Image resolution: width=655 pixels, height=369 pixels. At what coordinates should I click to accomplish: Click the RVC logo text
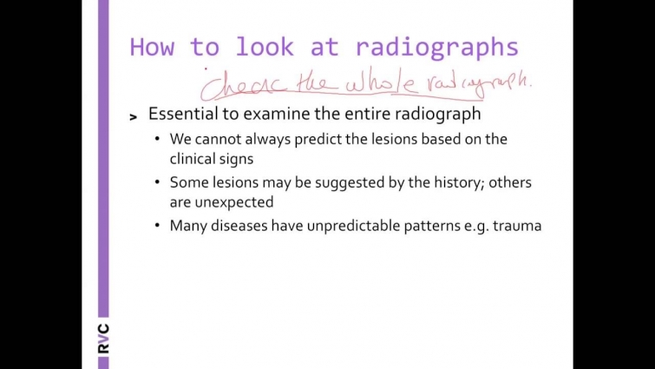(103, 338)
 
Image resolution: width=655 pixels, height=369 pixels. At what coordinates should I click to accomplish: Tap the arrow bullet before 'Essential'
(133, 116)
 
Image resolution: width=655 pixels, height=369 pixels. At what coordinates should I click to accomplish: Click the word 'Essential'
(184, 114)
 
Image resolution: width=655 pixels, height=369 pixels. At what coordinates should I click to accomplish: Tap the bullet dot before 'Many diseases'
(157, 226)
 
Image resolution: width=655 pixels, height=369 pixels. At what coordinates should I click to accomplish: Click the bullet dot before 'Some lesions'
(157, 182)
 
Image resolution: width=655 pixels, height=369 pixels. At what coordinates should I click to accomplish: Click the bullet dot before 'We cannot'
(157, 139)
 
